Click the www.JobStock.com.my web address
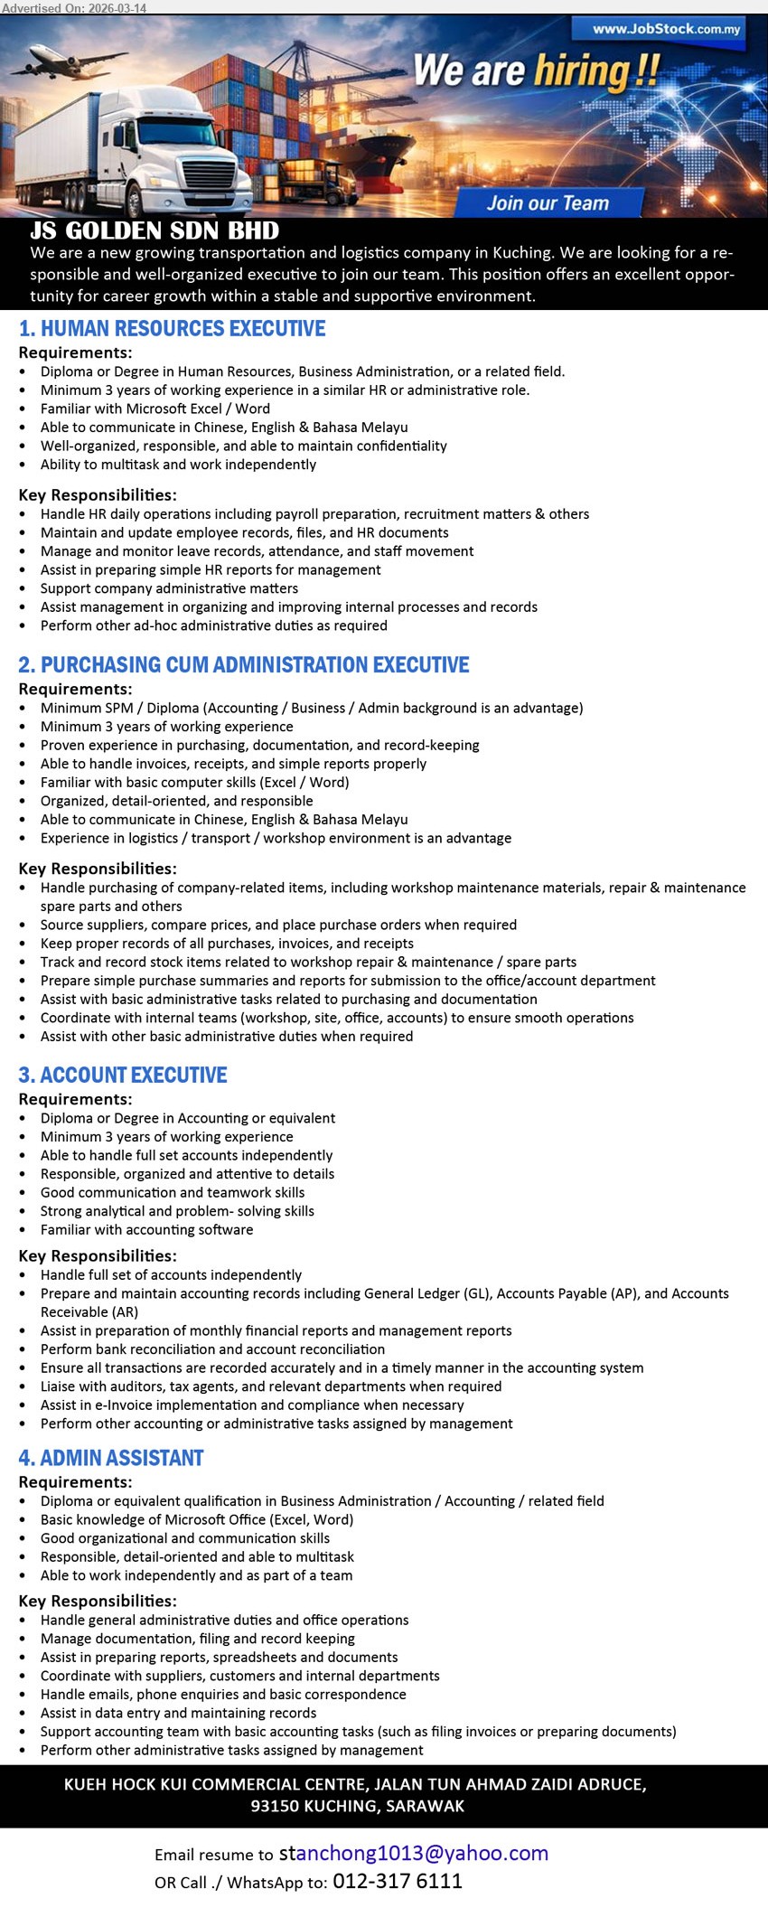click(666, 29)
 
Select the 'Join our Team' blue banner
click(548, 203)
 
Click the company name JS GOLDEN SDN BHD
click(155, 231)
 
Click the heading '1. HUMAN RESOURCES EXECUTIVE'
click(173, 329)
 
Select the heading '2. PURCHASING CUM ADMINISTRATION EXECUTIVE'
click(244, 665)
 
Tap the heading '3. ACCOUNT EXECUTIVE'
click(123, 1076)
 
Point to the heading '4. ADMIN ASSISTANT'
click(111, 1459)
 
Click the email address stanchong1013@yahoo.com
click(414, 1854)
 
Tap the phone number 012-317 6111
click(398, 1882)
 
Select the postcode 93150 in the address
click(274, 1807)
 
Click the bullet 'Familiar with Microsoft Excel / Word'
click(155, 409)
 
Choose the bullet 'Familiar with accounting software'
click(146, 1230)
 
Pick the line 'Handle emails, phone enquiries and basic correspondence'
click(223, 1695)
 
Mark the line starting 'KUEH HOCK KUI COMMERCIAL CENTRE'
click(355, 1785)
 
